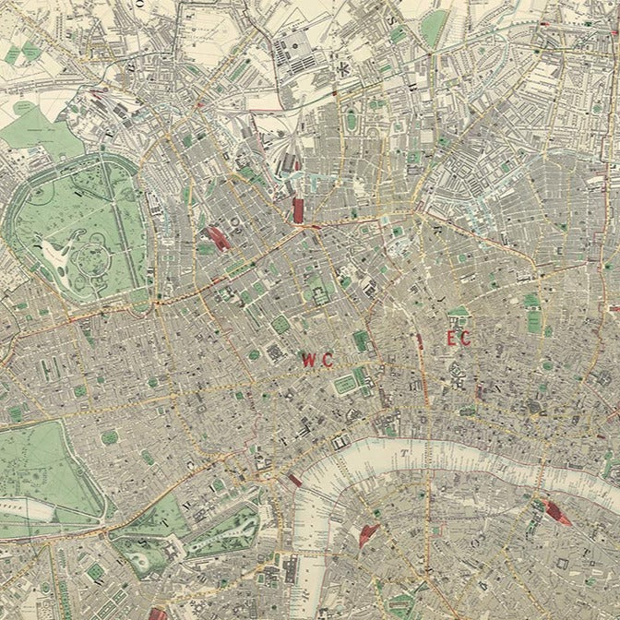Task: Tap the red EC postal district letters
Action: point(459,340)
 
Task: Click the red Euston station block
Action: point(218,238)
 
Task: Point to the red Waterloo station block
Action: point(370,533)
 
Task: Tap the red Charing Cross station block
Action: point(294,480)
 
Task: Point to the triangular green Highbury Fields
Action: point(433,28)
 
